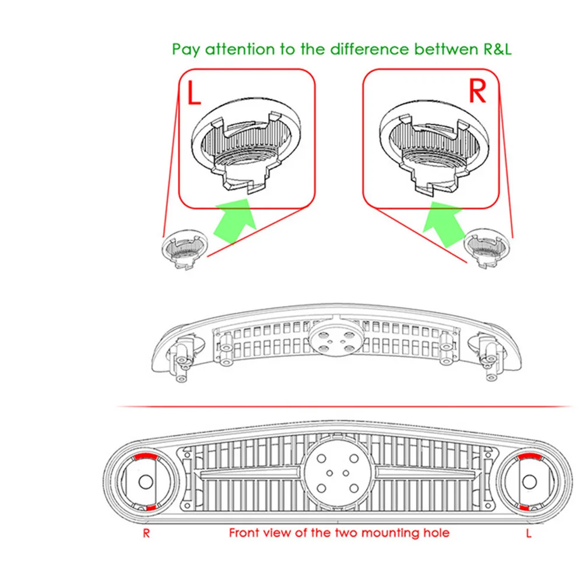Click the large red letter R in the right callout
pyautogui.click(x=477, y=92)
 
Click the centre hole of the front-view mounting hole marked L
pyautogui.click(x=529, y=482)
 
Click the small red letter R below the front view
pyautogui.click(x=146, y=533)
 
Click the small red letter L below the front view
pyautogui.click(x=529, y=533)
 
